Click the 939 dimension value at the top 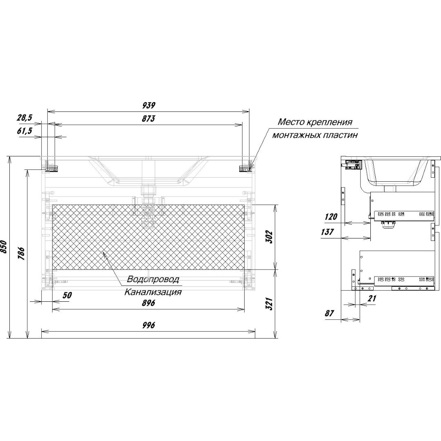(149, 105)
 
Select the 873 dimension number (149, 118)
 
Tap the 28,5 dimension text (24, 118)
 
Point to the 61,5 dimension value (24, 131)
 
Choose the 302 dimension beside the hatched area (269, 237)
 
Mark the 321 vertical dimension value (269, 304)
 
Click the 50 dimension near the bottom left (67, 295)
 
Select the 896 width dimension (149, 303)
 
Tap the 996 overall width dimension (149, 325)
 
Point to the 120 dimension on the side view (331, 216)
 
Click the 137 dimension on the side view (327, 232)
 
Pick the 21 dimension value (372, 298)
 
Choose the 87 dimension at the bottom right (330, 313)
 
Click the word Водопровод (153, 279)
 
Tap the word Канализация (153, 292)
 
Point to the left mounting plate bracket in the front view (52, 169)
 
